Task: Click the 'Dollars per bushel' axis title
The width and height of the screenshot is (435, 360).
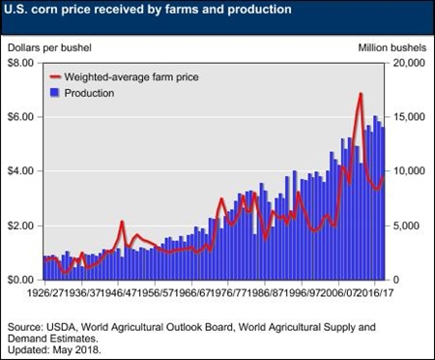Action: click(x=48, y=45)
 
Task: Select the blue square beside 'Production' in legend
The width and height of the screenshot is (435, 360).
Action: click(x=54, y=93)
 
